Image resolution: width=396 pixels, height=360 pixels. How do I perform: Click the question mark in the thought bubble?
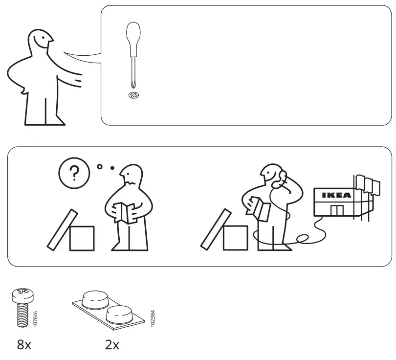[74, 173]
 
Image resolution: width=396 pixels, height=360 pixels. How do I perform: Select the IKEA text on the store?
[336, 195]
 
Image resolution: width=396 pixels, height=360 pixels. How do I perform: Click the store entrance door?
[336, 211]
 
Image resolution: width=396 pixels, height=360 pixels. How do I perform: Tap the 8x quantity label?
[24, 345]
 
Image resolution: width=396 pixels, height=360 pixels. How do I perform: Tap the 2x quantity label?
[112, 345]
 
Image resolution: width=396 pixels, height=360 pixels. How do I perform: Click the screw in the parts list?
[22, 308]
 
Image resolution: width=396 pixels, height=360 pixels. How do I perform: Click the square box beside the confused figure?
[82, 238]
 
